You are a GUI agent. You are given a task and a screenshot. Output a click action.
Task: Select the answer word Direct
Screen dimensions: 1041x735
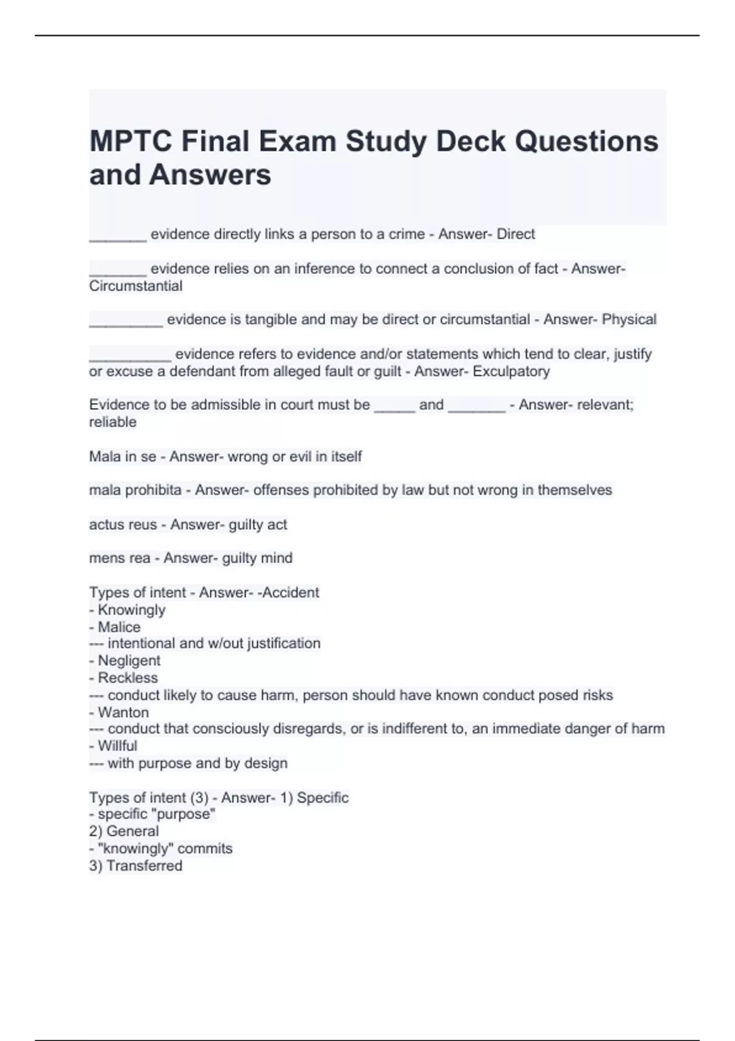(516, 234)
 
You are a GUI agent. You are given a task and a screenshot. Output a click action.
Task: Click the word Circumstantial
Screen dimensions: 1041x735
(135, 286)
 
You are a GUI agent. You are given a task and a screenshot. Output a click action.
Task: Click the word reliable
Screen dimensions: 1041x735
(113, 422)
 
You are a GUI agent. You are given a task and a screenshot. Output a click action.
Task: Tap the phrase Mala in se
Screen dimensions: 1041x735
(123, 456)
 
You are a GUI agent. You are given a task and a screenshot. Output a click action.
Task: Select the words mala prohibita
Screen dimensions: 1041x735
(135, 490)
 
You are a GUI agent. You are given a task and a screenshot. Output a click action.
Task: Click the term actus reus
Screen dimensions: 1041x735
(123, 524)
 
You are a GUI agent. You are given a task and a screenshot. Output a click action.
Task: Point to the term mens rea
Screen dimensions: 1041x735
(119, 558)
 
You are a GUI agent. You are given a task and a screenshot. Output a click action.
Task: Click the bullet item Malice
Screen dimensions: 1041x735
(119, 627)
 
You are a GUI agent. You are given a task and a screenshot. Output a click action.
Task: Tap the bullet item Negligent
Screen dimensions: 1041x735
(129, 661)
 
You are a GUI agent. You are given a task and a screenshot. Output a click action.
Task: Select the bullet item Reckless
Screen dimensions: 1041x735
(127, 678)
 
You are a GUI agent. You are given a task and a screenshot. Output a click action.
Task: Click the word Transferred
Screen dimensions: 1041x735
(144, 866)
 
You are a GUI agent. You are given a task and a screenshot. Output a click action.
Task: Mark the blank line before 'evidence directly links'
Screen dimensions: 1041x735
(118, 239)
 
